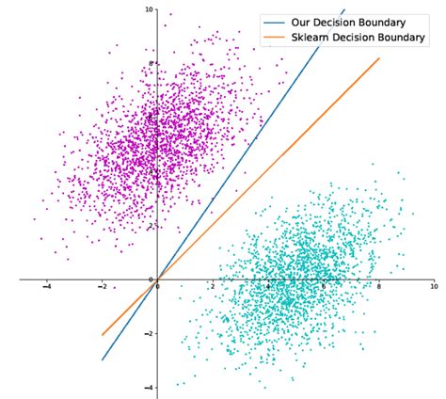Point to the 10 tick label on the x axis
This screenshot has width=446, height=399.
pyautogui.click(x=433, y=286)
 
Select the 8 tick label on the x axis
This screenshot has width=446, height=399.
pyautogui.click(x=379, y=286)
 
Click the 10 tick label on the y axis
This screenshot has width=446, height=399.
pyautogui.click(x=149, y=9)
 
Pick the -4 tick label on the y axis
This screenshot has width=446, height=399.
pyautogui.click(x=149, y=387)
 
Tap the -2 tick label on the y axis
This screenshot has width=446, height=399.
pyautogui.click(x=149, y=333)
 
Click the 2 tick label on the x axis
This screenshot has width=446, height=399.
pyautogui.click(x=213, y=286)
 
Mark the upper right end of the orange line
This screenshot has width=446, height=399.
pyautogui.click(x=379, y=58)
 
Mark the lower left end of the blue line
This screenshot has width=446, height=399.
pyautogui.click(x=103, y=359)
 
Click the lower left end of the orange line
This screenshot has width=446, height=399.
pyautogui.click(x=103, y=334)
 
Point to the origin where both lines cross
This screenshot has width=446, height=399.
pyautogui.click(x=157, y=279)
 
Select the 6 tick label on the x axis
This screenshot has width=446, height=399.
pyautogui.click(x=324, y=286)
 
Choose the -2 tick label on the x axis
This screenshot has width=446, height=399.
pyautogui.click(x=102, y=286)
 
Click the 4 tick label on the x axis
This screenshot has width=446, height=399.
pyautogui.click(x=268, y=286)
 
